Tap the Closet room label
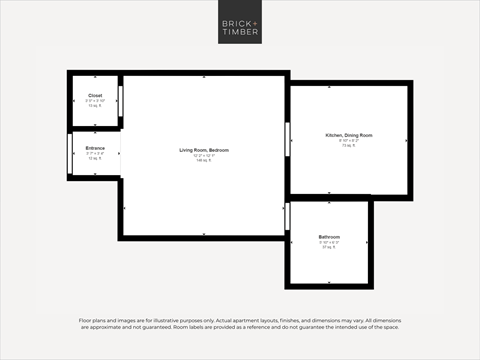tap(94, 95)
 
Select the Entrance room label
tap(95, 148)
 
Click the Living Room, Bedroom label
tap(205, 150)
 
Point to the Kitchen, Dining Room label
tap(349, 135)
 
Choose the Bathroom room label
tap(329, 237)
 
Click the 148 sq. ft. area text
tap(205, 160)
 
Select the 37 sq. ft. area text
tap(329, 247)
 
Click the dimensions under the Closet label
tap(94, 100)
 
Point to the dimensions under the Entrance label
tap(95, 153)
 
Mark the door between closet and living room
tap(121, 102)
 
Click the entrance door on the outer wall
tap(71, 153)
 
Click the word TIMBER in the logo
tap(239, 31)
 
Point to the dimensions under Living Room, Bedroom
tap(205, 155)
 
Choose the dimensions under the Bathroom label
tap(329, 242)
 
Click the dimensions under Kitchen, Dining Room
tap(349, 140)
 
